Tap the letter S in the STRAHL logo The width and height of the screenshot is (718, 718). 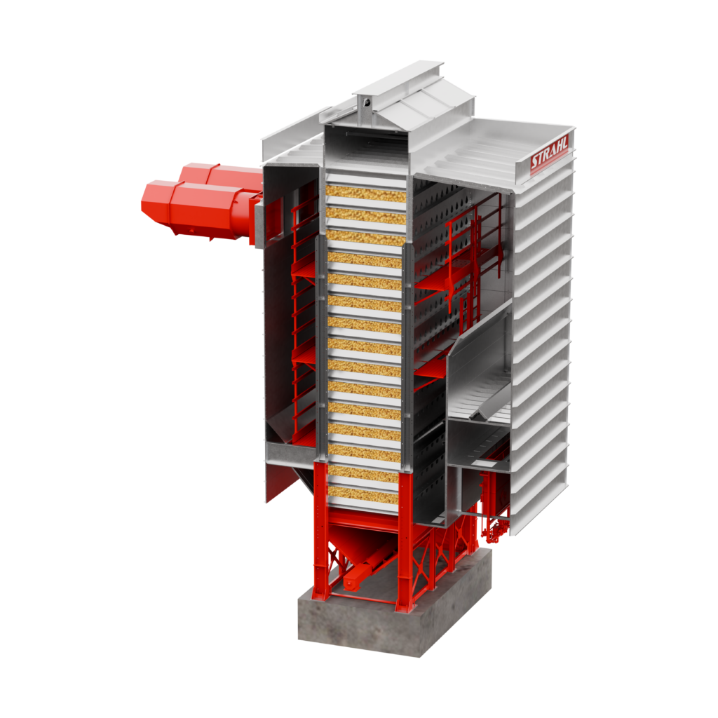tap(535, 163)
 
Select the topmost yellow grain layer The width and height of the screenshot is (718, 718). tap(365, 194)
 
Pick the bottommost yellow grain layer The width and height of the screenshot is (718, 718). tap(363, 494)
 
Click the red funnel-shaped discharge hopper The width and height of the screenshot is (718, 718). tap(361, 544)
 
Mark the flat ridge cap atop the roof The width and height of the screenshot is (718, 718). tap(398, 78)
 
